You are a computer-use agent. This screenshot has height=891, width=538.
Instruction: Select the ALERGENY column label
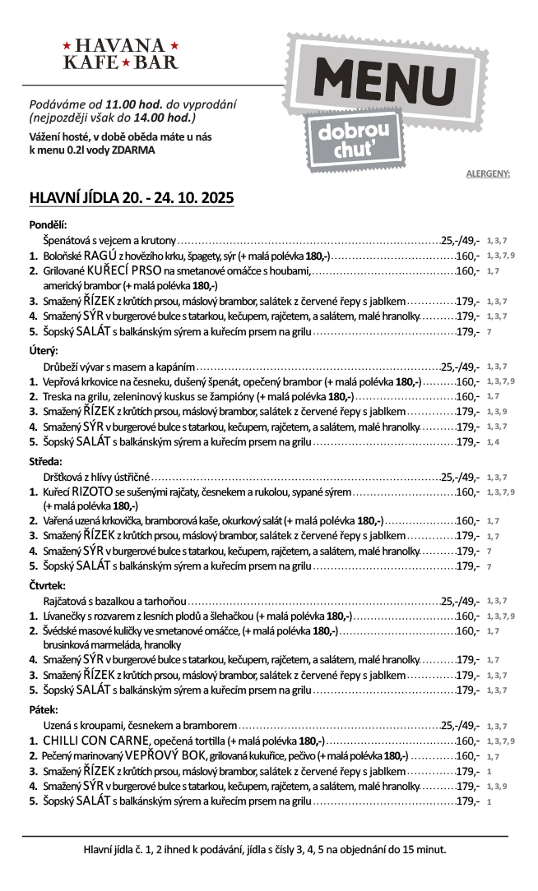point(488,173)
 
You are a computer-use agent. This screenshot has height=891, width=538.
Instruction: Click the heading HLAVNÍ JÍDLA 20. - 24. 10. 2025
point(132,198)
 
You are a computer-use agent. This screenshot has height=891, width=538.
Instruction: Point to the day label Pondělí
point(48,224)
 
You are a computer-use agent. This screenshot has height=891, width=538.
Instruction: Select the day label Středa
point(46,461)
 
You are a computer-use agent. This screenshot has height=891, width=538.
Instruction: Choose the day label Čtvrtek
point(49,586)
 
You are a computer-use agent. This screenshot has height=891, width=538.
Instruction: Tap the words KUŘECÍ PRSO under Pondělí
point(125,270)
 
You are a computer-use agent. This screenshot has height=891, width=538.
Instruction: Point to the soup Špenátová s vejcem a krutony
point(109,240)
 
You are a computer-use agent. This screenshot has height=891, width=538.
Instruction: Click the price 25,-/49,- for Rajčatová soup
point(460,601)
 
